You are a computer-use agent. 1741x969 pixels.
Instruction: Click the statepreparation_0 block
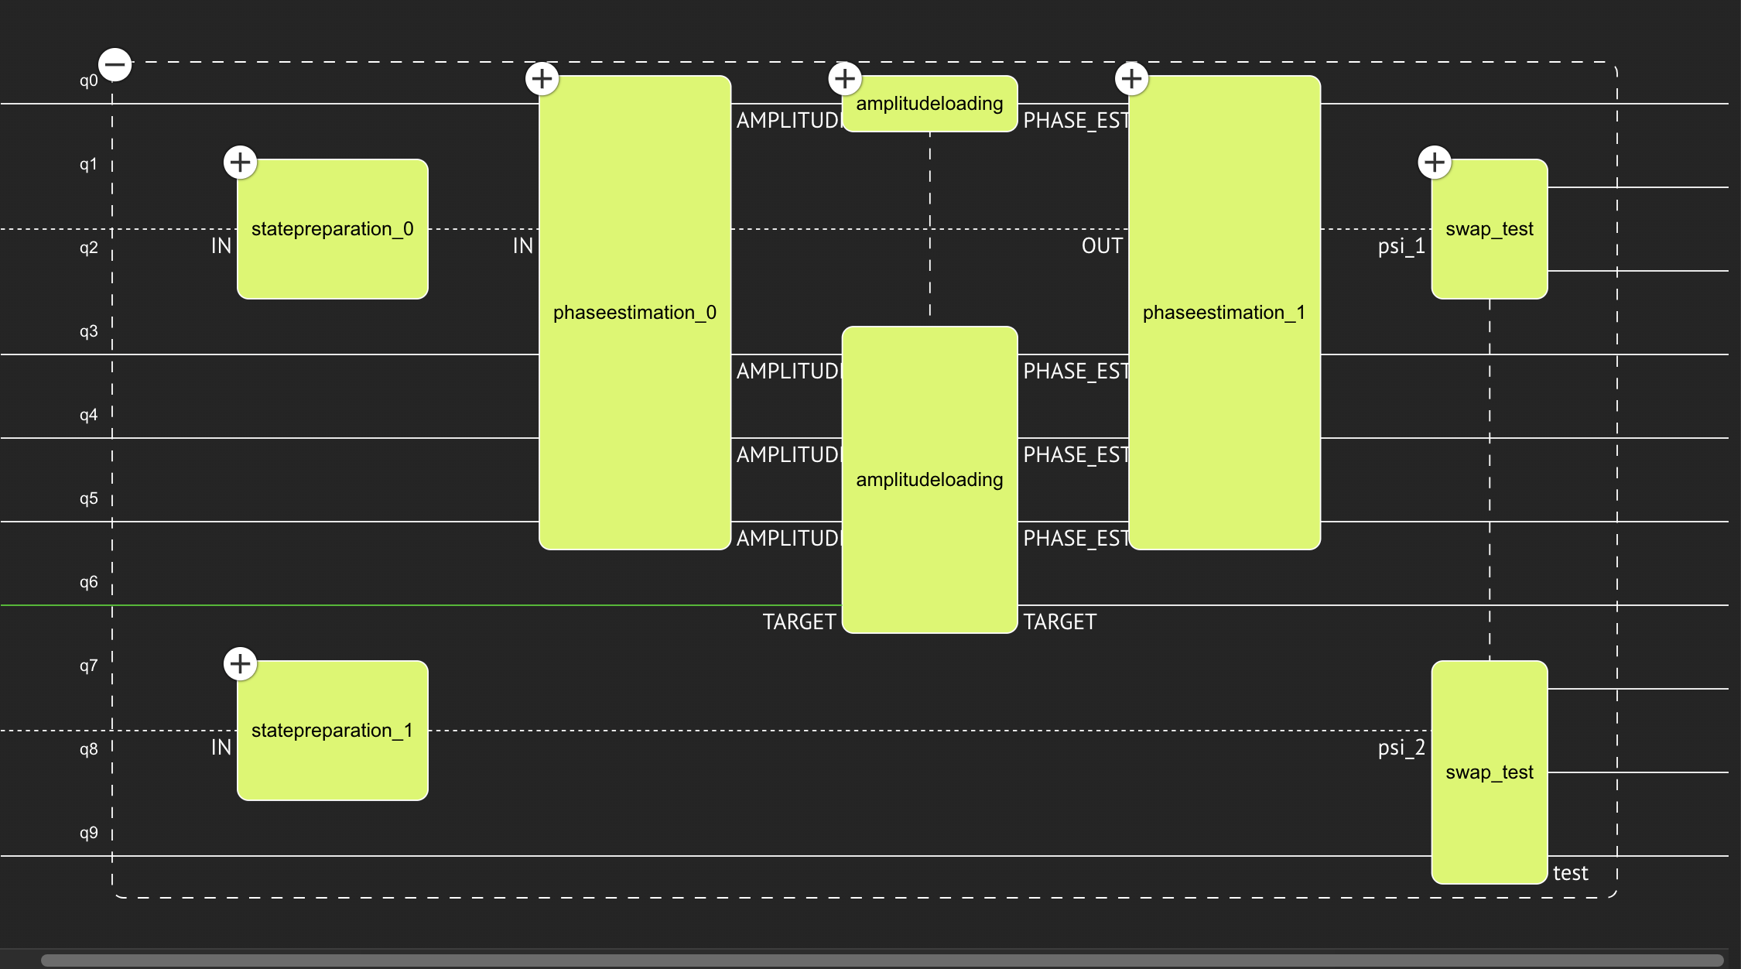(x=332, y=229)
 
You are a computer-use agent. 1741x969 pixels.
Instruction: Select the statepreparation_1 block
(x=332, y=731)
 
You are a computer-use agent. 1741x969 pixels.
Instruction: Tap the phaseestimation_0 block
(x=634, y=313)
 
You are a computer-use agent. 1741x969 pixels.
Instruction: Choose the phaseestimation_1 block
(x=1224, y=313)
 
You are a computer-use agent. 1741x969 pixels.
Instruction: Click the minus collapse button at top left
(x=115, y=64)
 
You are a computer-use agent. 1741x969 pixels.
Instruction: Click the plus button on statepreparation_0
(x=240, y=163)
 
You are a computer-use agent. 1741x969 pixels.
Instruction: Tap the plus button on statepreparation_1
(x=240, y=664)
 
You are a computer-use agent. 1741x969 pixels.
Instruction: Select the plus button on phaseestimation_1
(x=1131, y=78)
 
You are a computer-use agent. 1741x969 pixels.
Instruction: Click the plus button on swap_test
(x=1435, y=163)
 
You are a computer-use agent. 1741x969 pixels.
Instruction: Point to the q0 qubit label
(x=89, y=80)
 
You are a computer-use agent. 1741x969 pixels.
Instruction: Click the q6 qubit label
(x=89, y=582)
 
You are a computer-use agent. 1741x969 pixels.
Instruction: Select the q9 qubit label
(x=89, y=833)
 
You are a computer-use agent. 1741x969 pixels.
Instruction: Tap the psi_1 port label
(x=1401, y=246)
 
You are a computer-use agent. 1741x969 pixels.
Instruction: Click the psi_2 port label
(x=1401, y=748)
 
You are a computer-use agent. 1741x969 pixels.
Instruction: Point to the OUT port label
(x=1102, y=246)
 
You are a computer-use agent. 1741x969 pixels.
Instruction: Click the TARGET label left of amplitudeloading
(x=799, y=622)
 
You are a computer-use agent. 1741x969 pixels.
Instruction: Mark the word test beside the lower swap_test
(x=1570, y=873)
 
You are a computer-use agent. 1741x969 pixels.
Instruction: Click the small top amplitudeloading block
(x=929, y=104)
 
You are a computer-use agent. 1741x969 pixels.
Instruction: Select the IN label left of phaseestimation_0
(x=523, y=246)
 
